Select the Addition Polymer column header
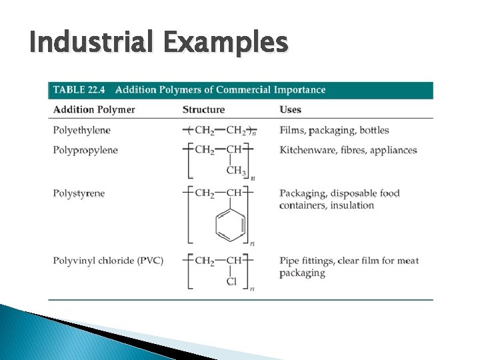tap(93, 109)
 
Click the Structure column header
tap(203, 109)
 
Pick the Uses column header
tap(291, 109)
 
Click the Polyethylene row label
tap(81, 130)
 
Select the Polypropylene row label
tap(85, 149)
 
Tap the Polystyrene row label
tap(79, 193)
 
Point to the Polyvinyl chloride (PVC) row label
tap(108, 260)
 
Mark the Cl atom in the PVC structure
tap(231, 281)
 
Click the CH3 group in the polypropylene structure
tap(235, 171)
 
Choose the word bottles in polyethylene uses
tap(373, 130)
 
